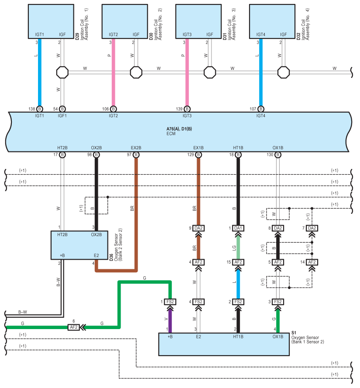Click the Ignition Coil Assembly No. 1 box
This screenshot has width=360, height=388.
pos(51,21)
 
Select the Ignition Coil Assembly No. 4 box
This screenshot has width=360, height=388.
pos(272,21)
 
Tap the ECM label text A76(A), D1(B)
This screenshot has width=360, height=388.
pos(179,129)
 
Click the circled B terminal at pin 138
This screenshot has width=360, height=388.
pos(40,109)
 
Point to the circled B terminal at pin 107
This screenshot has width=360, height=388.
pos(261,109)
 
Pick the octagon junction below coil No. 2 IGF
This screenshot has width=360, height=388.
pos(136,72)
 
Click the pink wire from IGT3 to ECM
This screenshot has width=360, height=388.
pos(187,72)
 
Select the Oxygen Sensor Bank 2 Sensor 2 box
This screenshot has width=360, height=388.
pos(80,245)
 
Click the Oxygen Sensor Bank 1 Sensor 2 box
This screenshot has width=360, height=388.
pos(224,344)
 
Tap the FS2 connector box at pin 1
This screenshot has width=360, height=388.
pos(170,302)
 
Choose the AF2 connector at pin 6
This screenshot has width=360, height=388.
pos(73,327)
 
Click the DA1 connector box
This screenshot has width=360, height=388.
pos(238,228)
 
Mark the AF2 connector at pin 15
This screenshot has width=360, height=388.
pos(238,262)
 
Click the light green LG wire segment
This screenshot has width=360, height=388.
pos(238,248)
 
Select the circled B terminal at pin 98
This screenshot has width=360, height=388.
pos(97,155)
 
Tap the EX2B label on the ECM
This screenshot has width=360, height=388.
pos(136,148)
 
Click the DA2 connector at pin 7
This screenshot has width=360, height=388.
pos(312,228)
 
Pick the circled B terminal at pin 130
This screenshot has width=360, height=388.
pos(278,155)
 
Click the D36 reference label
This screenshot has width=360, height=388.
pos(111,258)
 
